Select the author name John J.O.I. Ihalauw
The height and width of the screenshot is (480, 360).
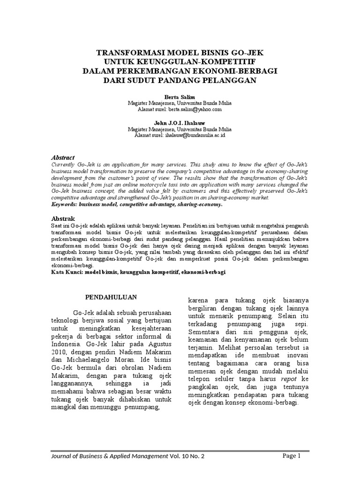(180, 122)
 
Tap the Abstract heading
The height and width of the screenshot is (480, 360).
(62, 157)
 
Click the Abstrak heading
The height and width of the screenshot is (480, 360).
(62, 218)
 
